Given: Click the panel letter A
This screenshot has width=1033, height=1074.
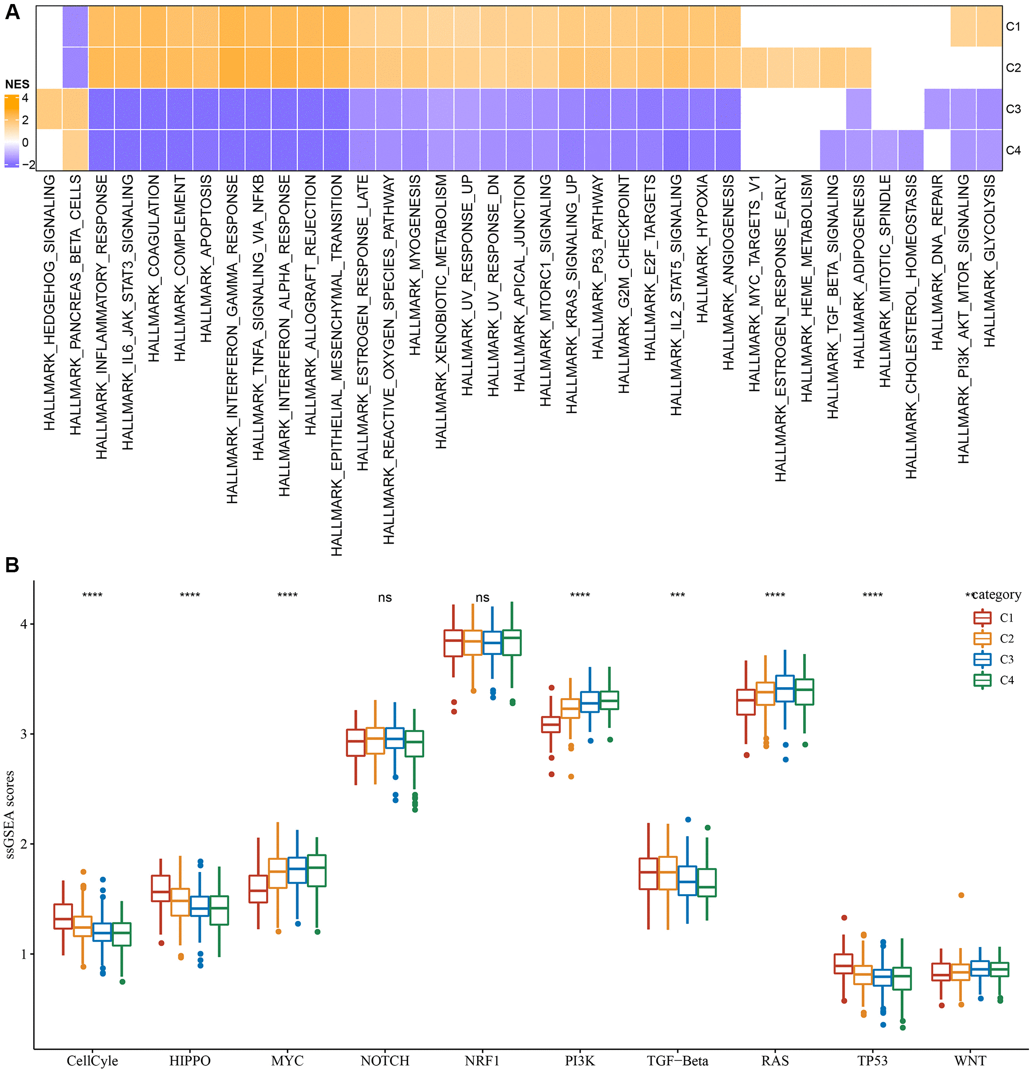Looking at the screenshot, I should [12, 12].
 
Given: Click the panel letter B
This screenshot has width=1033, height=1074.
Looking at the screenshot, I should [12, 565].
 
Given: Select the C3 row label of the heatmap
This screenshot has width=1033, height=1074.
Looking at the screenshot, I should [1013, 109].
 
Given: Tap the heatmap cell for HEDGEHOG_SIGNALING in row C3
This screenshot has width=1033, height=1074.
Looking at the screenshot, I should [49, 109].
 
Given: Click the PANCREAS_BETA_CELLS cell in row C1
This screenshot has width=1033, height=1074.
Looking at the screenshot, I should [75, 26].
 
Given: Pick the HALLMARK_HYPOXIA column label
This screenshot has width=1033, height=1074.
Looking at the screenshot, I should [702, 249].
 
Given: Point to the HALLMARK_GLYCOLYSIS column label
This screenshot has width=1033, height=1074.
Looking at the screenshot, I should [989, 261].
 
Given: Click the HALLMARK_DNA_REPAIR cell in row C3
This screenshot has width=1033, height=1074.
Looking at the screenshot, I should [937, 109].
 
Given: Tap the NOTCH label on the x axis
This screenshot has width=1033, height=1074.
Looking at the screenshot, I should [384, 1061].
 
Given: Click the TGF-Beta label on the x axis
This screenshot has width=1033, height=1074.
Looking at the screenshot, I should [677, 1061].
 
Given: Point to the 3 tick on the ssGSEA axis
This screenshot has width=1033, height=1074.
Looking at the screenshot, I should [24, 734].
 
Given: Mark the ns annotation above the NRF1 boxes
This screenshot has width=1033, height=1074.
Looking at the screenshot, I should [482, 598].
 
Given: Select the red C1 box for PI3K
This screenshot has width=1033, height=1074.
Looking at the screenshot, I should [551, 724].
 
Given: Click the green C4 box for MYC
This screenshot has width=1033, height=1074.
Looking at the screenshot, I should [317, 870].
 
